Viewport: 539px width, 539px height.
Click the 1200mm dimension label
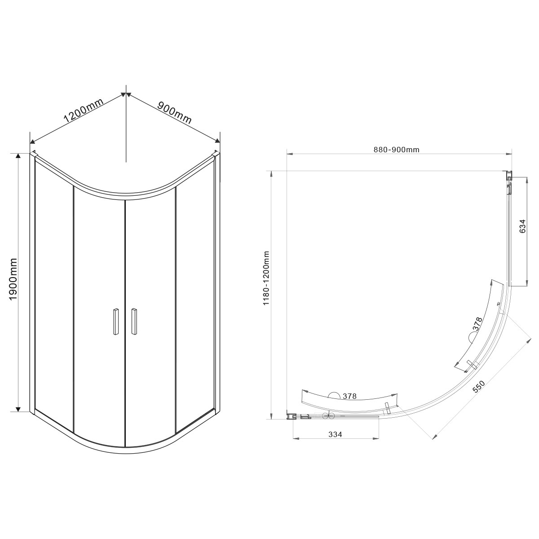tap(84, 110)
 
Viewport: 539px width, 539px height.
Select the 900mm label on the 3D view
tap(175, 113)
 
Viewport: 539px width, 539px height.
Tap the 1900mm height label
tap(13, 283)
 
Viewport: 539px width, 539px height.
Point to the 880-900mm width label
tap(396, 150)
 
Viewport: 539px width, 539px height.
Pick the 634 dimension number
tap(522, 226)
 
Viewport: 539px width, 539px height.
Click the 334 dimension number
tap(335, 434)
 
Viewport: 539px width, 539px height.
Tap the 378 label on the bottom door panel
tap(349, 396)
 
